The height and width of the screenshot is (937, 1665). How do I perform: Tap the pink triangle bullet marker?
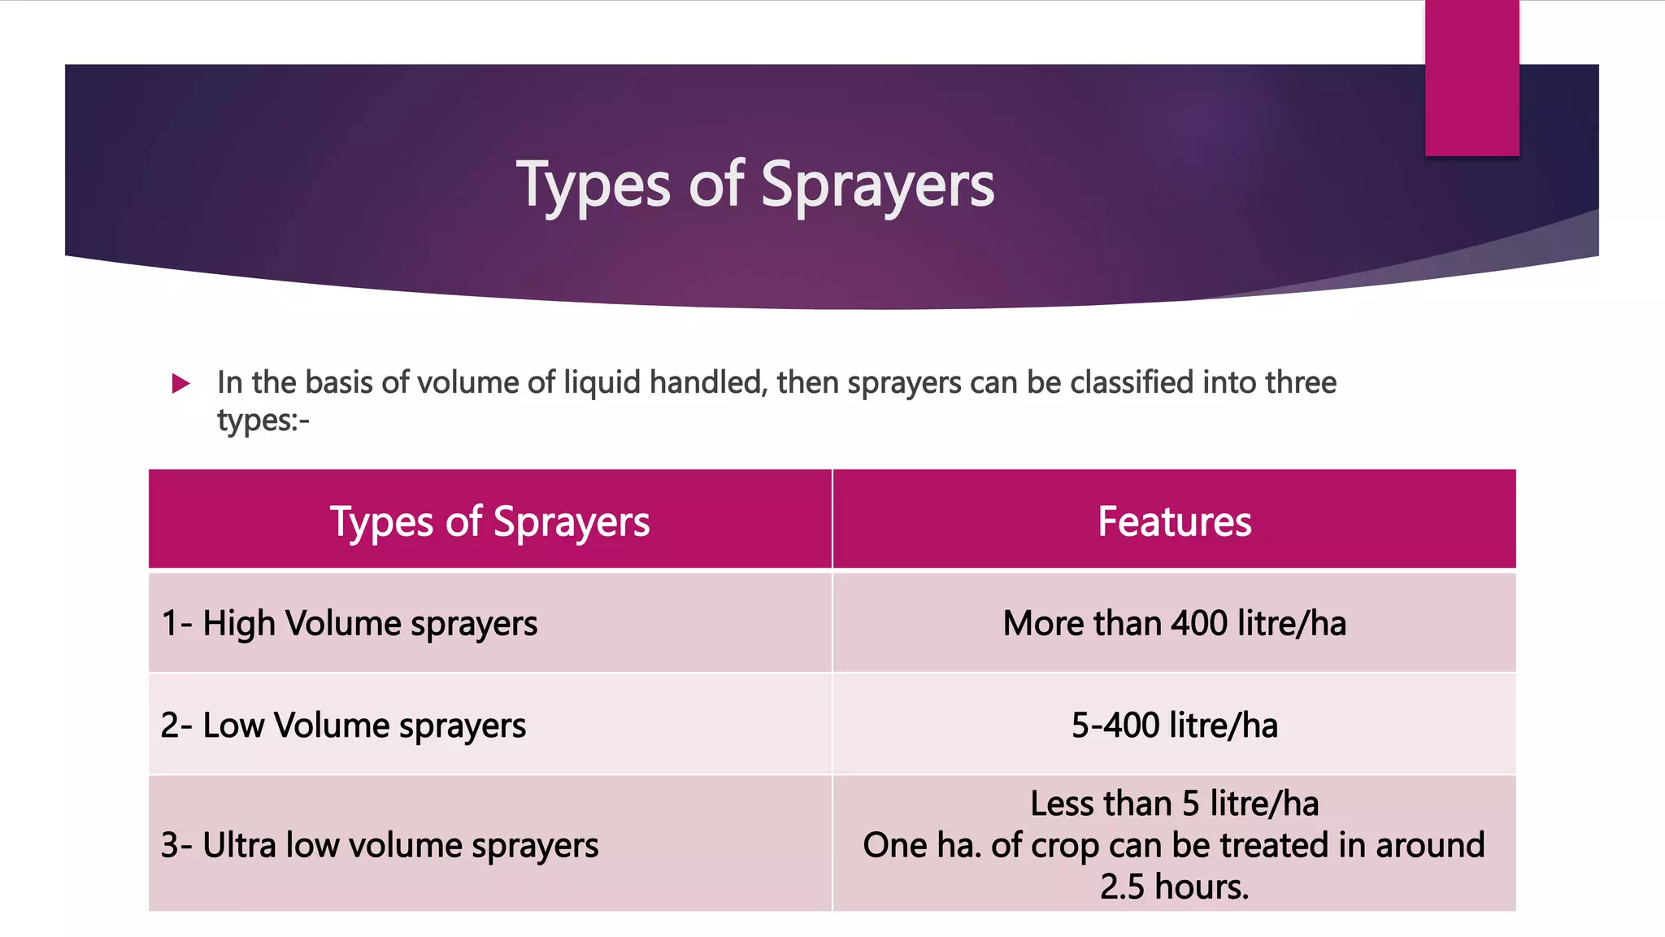(180, 383)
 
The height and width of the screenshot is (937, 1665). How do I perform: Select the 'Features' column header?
(1174, 521)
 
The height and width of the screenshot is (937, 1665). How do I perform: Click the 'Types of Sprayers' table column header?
(489, 521)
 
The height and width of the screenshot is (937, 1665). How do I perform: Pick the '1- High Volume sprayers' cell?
(350, 624)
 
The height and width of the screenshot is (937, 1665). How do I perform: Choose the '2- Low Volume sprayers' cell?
(343, 726)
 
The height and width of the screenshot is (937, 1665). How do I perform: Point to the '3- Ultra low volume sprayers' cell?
(380, 845)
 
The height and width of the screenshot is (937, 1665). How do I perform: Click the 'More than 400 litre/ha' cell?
(1174, 624)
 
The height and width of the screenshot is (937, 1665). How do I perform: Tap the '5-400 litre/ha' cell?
(1174, 726)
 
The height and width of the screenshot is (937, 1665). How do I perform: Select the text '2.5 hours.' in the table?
(1174, 887)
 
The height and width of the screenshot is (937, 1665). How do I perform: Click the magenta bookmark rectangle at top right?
(1472, 77)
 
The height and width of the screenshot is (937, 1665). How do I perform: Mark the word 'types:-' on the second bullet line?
(263, 421)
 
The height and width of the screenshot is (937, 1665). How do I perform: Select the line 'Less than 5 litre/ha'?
(1174, 804)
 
